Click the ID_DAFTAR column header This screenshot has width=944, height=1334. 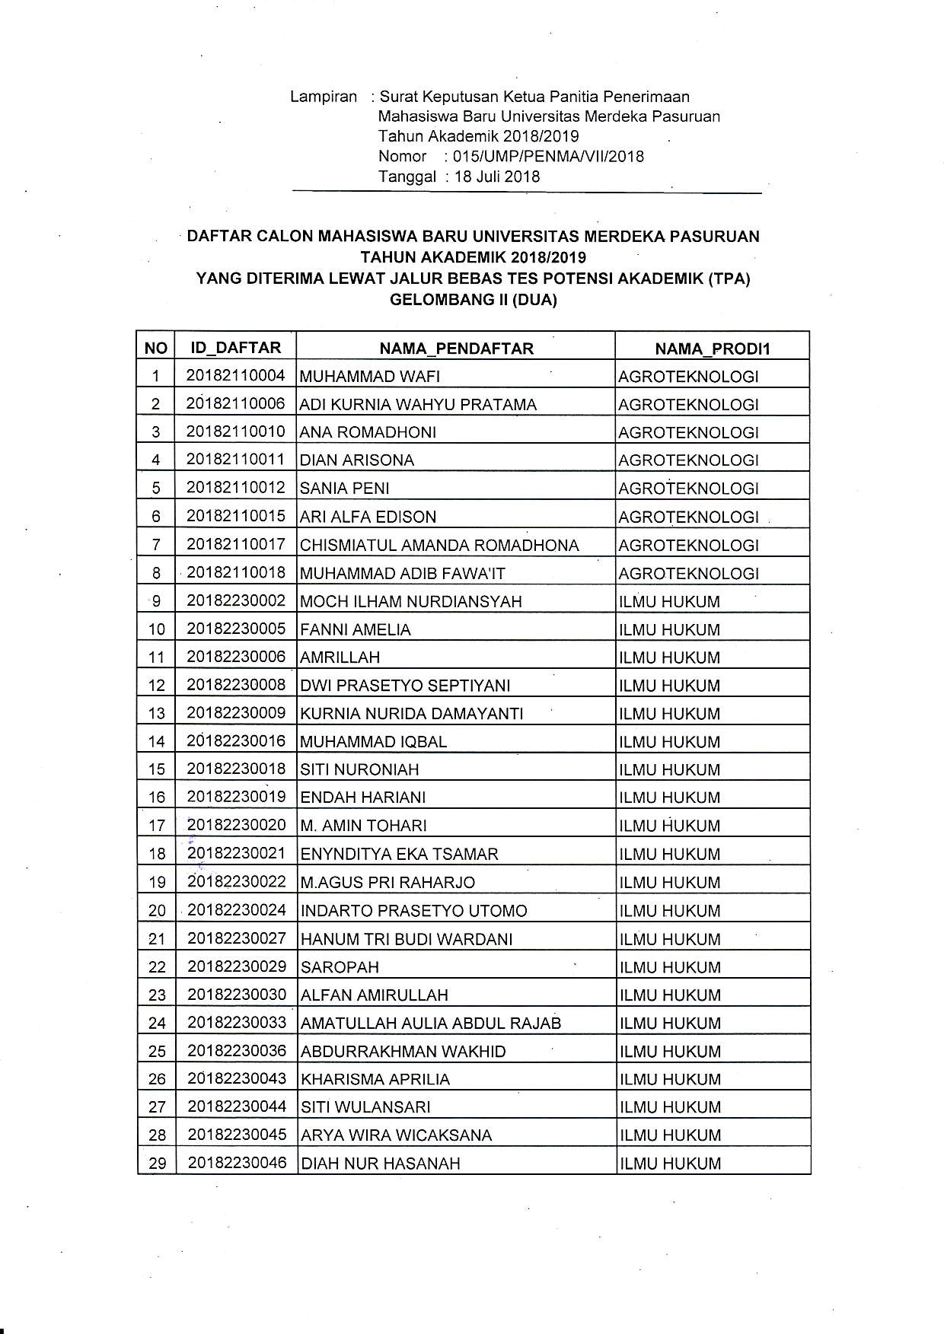pos(235,348)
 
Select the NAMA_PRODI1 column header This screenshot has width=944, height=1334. pos(713,349)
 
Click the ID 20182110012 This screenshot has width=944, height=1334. pos(235,487)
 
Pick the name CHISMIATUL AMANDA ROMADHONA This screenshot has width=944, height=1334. pos(439,546)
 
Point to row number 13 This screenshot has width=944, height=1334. pos(156,714)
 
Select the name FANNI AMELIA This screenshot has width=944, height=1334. pos(356,630)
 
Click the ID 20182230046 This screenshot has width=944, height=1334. pos(237,1163)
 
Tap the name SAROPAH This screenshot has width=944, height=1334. pos(340,967)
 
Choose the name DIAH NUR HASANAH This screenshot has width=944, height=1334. pos(381,1164)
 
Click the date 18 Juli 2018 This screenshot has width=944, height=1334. pos(497,177)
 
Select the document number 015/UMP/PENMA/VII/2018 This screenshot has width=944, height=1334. pos(548,157)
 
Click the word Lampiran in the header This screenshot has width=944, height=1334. pos(324,97)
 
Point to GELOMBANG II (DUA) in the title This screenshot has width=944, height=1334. pos(473,300)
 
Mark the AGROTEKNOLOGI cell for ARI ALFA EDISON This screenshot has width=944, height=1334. pos(688,517)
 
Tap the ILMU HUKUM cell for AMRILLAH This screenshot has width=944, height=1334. pos(669,657)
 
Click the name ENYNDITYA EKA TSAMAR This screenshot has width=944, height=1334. pos(399,854)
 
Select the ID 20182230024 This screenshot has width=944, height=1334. pos(237,910)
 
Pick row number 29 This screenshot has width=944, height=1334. pos(157,1164)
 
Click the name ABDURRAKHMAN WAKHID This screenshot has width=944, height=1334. pos(403,1052)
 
